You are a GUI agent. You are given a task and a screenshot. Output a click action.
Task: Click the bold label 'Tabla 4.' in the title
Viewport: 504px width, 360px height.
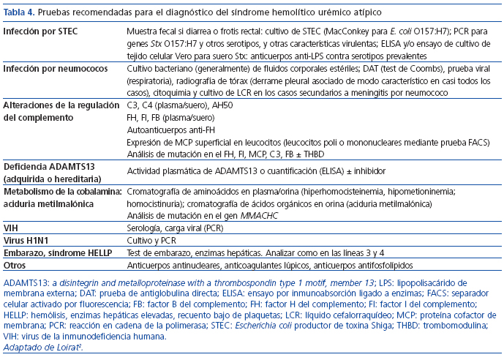pyautogui.click(x=22, y=13)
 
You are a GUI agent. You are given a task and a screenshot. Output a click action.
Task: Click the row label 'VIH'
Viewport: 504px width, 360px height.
pyautogui.click(x=10, y=228)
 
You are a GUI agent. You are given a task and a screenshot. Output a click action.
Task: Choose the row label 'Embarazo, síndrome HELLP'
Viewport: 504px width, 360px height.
pyautogui.click(x=53, y=252)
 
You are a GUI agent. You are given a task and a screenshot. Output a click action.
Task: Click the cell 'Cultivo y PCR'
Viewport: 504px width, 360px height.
pyautogui.click(x=151, y=240)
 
